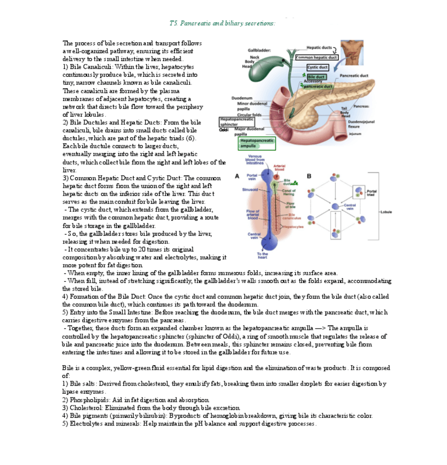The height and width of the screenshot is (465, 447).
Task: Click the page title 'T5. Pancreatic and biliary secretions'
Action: (x=222, y=23)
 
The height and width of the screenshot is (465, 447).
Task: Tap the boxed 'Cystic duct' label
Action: (x=317, y=67)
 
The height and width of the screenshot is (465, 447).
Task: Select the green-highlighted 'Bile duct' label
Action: (x=316, y=77)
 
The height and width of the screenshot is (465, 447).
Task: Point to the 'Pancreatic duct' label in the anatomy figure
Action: (x=354, y=76)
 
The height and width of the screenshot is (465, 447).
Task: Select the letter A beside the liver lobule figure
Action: (x=236, y=177)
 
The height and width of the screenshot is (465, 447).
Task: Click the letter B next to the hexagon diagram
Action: (x=309, y=176)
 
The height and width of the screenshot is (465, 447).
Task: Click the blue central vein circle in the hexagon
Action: (x=335, y=206)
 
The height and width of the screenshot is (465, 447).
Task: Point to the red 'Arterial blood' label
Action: (x=279, y=168)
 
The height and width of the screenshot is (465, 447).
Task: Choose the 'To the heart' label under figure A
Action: (x=262, y=255)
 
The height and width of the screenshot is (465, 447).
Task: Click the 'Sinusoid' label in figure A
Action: (x=250, y=189)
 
